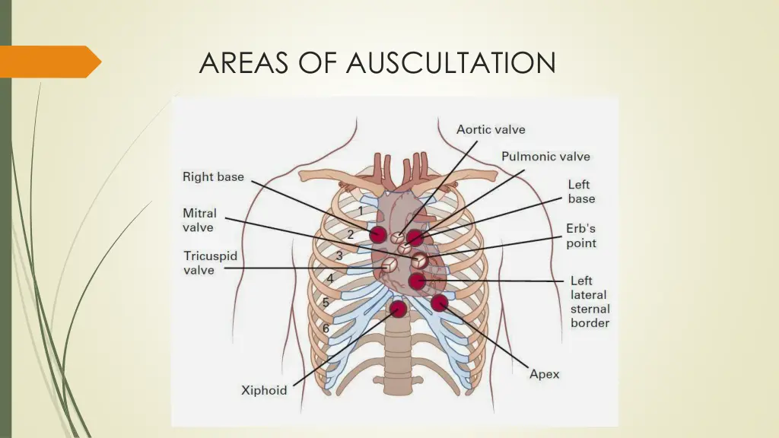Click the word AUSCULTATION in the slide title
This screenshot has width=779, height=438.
[450, 62]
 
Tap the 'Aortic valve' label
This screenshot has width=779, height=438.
[491, 129]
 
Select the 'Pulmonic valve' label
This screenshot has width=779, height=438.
[545, 157]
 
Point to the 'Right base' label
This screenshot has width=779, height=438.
[213, 177]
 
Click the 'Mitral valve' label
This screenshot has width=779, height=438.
[199, 221]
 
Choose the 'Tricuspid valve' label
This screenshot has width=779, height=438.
[210, 262]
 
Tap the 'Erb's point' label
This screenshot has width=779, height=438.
[581, 236]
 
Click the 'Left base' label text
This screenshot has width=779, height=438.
[581, 192]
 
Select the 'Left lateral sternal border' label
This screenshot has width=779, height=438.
[590, 302]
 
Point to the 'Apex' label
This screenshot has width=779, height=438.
[545, 374]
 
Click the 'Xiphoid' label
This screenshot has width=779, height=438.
[264, 390]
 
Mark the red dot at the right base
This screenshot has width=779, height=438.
[378, 234]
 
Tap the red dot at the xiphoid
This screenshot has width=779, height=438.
[397, 309]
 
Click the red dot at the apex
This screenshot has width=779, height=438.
[439, 303]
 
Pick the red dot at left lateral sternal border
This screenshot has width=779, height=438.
[416, 281]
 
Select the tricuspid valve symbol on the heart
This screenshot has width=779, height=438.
[389, 265]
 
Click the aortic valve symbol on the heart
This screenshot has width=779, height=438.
[397, 238]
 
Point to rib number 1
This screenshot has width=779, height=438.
[361, 210]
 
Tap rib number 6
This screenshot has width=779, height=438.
[325, 328]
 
